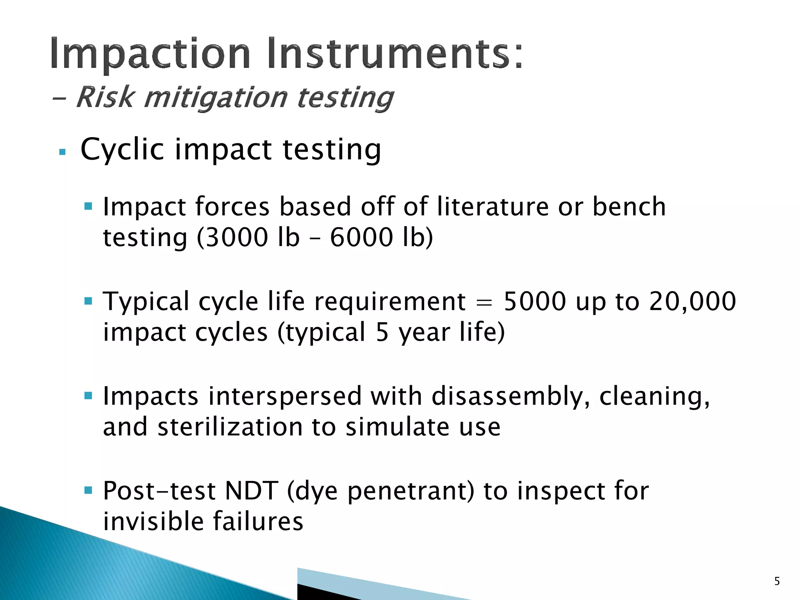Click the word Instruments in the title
pos(395,53)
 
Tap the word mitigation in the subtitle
pos(215,98)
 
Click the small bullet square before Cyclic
pos(62,152)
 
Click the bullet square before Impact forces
pos(88,206)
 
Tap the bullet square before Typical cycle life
pos(88,301)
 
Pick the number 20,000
pos(692,302)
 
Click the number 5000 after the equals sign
pos(534,302)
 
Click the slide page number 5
pos(777,581)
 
